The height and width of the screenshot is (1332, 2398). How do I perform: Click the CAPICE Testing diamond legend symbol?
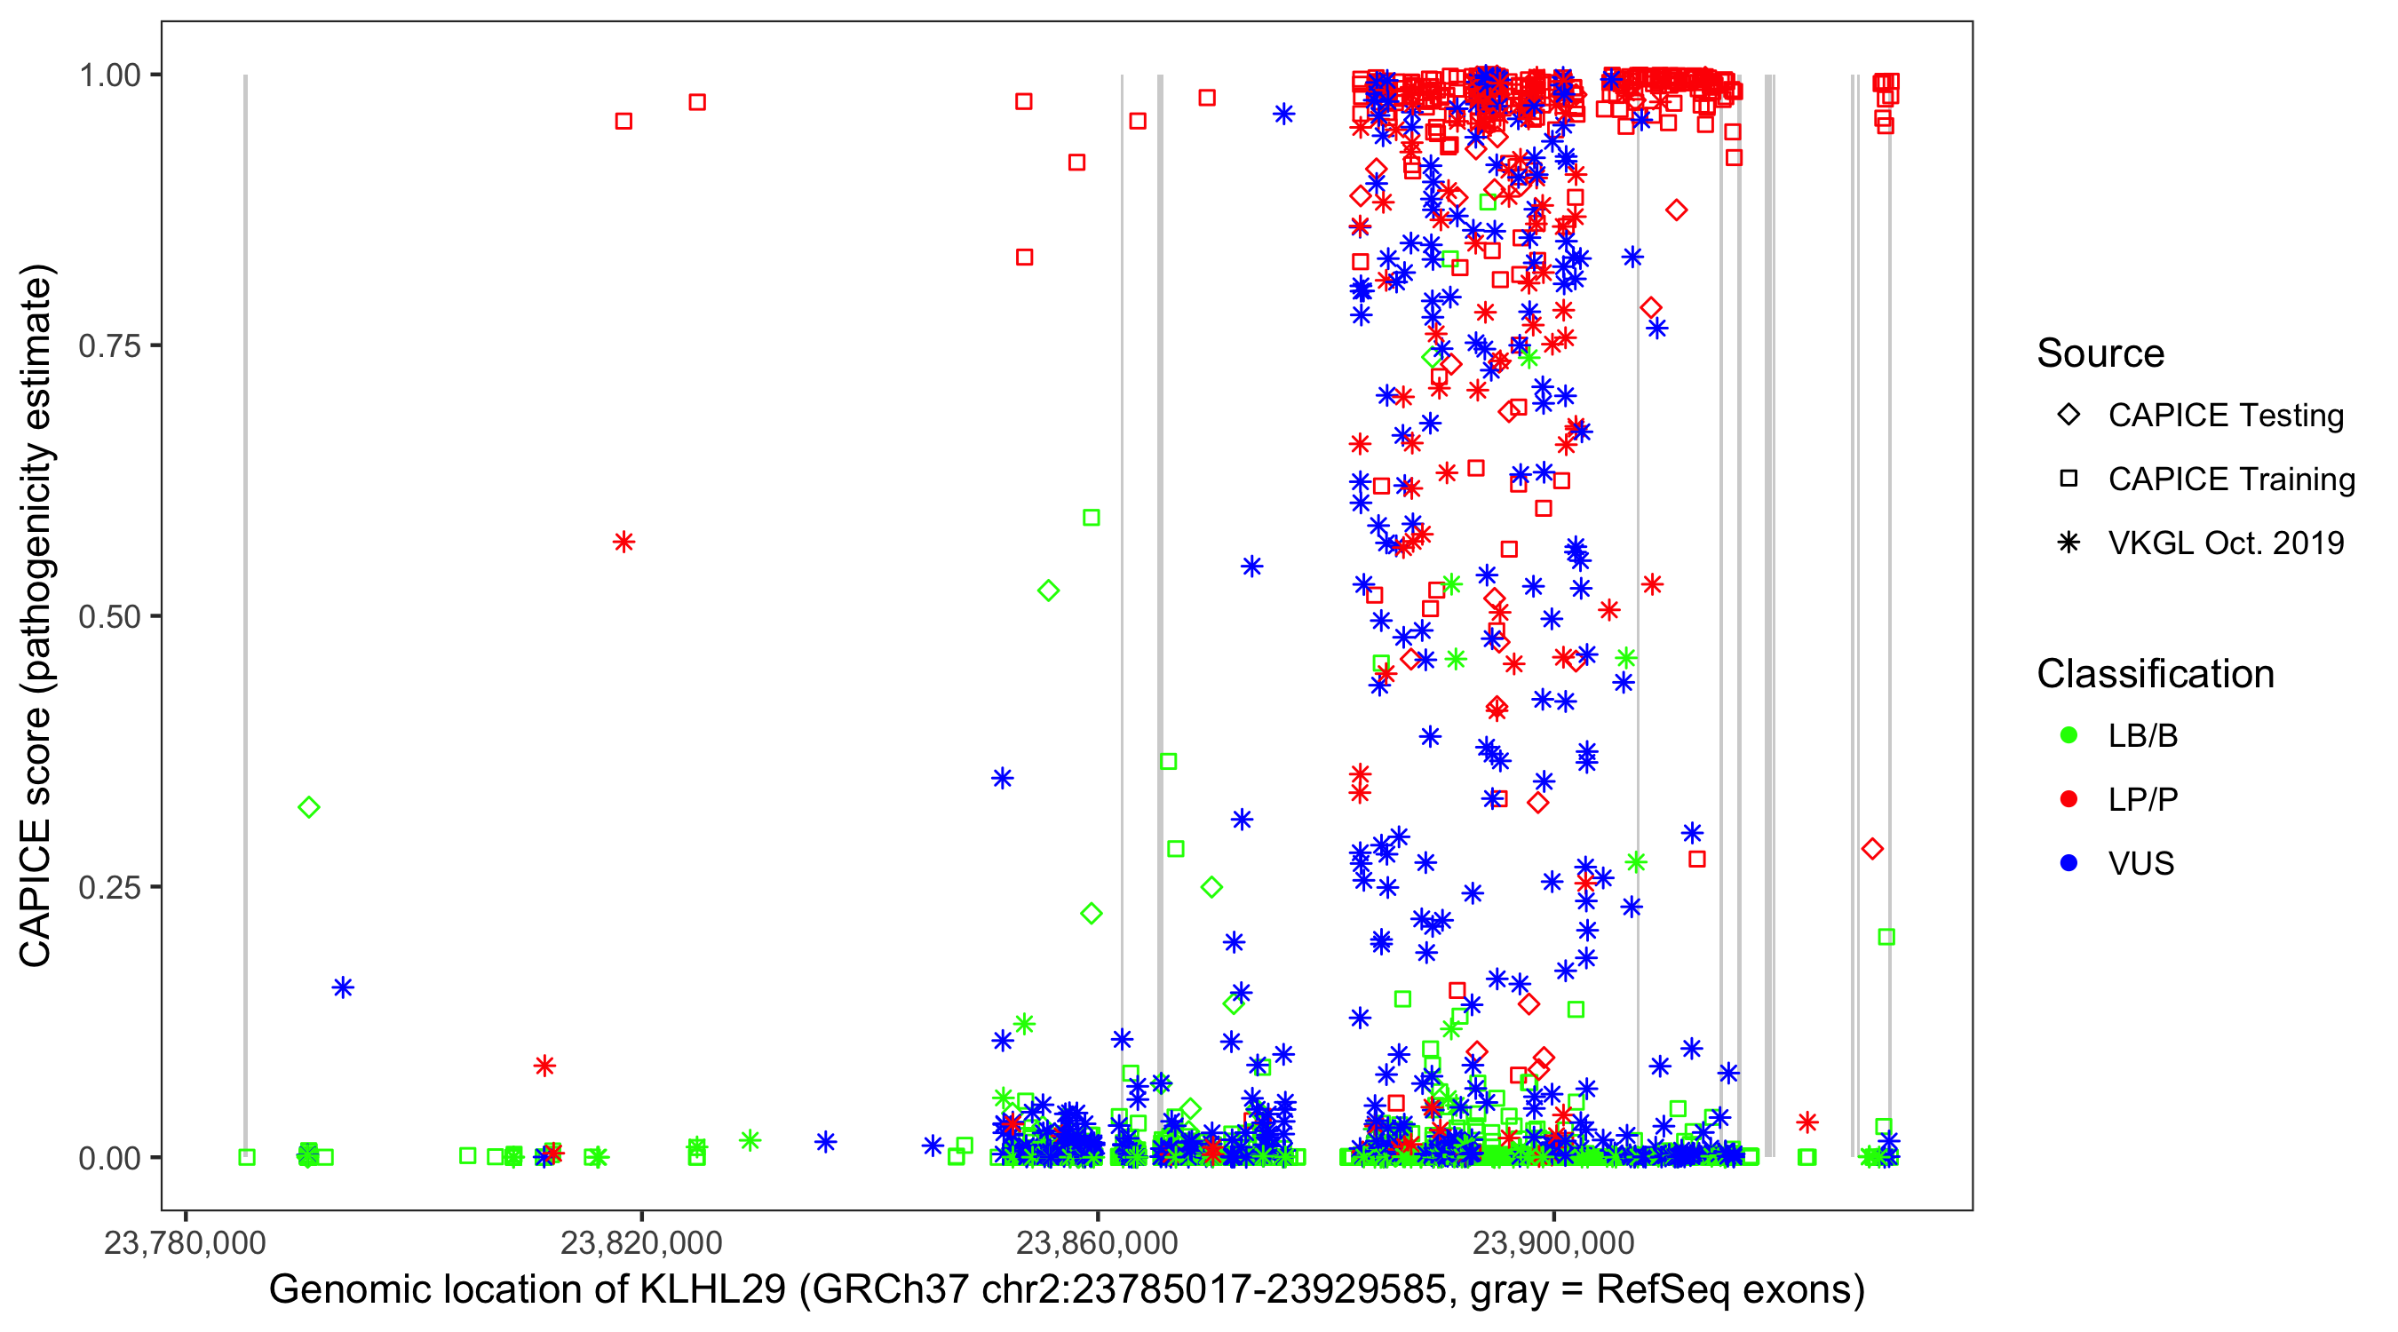click(2068, 416)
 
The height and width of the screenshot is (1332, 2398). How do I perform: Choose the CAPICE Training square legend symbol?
click(2068, 479)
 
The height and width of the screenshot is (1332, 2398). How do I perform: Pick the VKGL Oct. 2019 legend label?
click(2225, 543)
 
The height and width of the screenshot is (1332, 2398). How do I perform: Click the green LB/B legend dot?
click(2068, 735)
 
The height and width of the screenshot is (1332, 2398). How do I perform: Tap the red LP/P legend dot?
click(2068, 799)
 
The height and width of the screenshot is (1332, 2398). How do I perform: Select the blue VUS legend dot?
click(2068, 863)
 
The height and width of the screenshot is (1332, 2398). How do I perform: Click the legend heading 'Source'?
click(2100, 353)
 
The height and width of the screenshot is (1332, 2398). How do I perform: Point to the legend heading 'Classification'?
click(2155, 674)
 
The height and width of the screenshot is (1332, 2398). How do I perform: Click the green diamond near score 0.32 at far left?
click(309, 807)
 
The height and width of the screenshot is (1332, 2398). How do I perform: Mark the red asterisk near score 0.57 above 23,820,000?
click(623, 542)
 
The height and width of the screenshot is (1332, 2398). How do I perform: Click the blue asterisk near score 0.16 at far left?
click(343, 987)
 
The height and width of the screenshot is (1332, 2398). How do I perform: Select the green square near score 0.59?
click(1091, 518)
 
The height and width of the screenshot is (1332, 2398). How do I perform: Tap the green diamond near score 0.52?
click(1048, 591)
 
